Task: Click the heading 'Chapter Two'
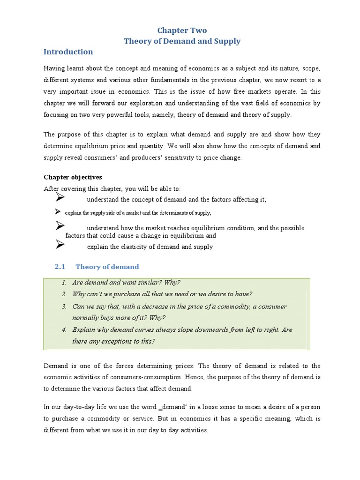point(182,30)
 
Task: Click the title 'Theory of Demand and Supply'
point(182,41)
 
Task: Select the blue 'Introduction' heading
point(68,52)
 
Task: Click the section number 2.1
point(59,267)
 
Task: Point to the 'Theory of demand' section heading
point(107,267)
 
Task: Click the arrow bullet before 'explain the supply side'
point(58,212)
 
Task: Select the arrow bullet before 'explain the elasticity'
point(60,244)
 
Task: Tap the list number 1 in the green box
point(64,282)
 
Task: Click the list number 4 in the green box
point(64,330)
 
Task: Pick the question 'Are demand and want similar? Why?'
point(126,282)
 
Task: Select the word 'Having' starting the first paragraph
point(55,68)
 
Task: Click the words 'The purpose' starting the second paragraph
point(62,135)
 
